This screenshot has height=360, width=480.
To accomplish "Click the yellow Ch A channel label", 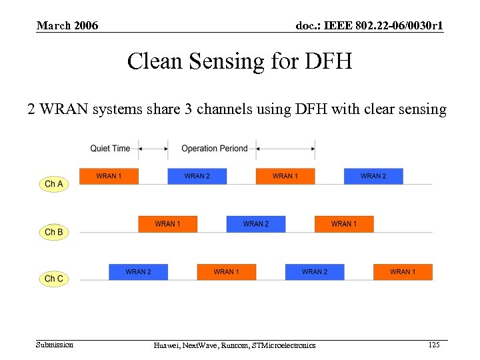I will click(54, 183).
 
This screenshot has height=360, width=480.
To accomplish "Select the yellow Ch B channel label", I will click(54, 232).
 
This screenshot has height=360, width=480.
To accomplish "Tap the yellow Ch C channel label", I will click(54, 279).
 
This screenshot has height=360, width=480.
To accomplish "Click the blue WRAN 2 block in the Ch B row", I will click(255, 224).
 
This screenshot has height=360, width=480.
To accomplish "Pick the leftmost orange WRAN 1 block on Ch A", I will click(109, 176).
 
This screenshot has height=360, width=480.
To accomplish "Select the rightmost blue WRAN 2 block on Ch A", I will click(373, 176).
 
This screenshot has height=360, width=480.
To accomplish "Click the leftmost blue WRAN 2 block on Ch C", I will click(138, 272).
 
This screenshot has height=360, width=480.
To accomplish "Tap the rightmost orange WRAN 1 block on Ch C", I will click(403, 272).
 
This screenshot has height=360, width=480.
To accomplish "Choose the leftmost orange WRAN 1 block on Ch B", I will click(167, 224).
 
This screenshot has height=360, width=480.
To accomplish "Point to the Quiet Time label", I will click(110, 149).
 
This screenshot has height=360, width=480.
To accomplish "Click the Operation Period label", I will click(214, 149).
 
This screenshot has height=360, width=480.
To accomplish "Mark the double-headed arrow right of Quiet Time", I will click(153, 149).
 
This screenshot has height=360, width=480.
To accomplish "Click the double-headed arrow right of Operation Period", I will click(285, 149).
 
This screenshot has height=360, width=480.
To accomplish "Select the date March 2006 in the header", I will click(67, 26).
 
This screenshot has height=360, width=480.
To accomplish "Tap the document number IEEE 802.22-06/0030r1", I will click(369, 26).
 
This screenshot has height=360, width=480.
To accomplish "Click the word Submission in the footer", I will click(55, 345).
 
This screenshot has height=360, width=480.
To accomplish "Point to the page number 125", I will click(433, 345).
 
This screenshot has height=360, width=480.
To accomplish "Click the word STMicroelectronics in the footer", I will click(282, 345).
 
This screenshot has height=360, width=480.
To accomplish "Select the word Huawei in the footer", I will click(167, 345).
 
